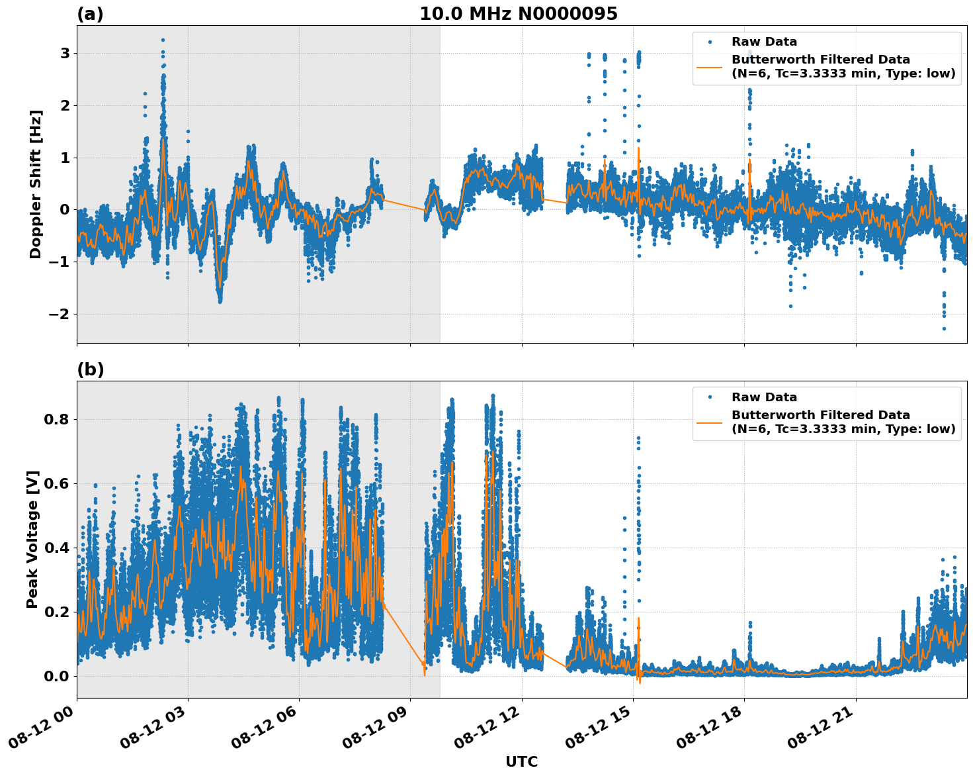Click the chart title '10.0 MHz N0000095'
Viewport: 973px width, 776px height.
518,14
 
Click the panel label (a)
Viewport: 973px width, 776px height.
90,14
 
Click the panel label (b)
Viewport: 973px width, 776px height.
90,369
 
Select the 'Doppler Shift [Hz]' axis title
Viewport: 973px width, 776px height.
36,184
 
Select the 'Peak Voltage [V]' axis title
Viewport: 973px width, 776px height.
32,539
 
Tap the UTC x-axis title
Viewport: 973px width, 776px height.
521,761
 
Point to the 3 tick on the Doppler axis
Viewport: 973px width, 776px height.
65,53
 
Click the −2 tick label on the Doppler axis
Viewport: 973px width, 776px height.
59,314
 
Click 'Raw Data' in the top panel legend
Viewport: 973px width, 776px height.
764,42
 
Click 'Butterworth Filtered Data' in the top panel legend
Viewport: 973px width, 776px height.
820,60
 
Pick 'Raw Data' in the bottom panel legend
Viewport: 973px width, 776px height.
764,397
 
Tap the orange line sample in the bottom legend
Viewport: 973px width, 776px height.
710,422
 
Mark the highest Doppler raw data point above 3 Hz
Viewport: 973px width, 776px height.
163,40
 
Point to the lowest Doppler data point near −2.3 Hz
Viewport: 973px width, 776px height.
944,328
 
